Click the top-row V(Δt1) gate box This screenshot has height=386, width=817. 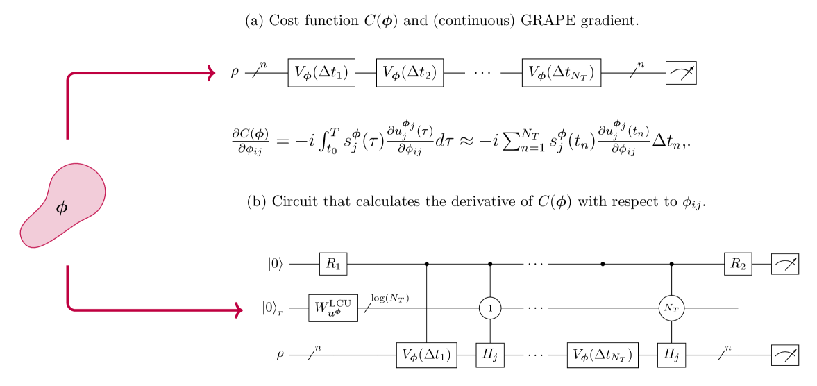[321, 73]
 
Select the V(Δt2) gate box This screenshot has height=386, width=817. [410, 73]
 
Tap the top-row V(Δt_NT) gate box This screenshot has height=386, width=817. [561, 73]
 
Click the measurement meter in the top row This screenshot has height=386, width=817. [681, 73]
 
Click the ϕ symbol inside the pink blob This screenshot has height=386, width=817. [62, 207]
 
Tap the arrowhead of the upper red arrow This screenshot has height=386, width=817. [212, 73]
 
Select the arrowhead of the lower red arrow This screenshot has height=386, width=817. [238, 310]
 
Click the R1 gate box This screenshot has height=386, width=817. [332, 264]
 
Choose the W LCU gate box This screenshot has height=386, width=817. [333, 308]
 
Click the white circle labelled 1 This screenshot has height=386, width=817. [490, 308]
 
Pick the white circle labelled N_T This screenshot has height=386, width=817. [671, 308]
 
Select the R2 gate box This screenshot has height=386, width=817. [738, 264]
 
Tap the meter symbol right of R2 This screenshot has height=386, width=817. [784, 264]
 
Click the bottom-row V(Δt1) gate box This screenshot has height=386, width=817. [426, 355]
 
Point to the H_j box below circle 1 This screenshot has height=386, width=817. [490, 355]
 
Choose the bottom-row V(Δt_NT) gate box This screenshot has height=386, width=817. [603, 355]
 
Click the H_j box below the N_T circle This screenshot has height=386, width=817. [671, 355]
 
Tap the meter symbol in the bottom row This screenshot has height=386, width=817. [784, 355]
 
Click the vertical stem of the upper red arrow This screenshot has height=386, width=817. [67, 111]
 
